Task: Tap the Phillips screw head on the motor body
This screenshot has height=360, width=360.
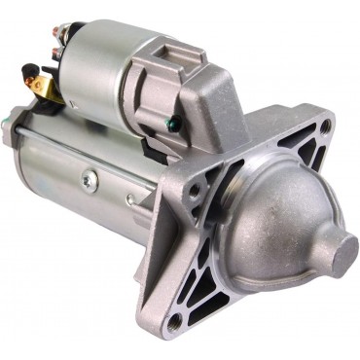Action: pos(90,178)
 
